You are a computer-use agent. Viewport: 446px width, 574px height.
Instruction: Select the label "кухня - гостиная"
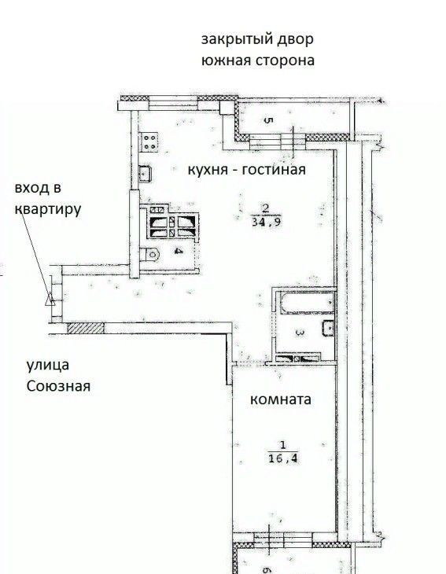point(246,170)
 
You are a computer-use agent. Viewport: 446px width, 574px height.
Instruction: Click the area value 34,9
point(267,222)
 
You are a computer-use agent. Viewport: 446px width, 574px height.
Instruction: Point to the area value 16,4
point(283,458)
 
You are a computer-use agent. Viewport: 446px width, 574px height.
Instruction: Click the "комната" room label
point(281,399)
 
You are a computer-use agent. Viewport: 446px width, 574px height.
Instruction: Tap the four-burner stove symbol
point(149,142)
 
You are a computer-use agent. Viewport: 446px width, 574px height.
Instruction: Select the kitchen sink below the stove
point(145,173)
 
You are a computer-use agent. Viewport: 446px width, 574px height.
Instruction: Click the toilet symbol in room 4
point(150,254)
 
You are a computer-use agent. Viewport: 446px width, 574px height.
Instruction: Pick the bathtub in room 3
point(308,303)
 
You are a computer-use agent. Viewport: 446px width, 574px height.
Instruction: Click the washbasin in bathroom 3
point(329,328)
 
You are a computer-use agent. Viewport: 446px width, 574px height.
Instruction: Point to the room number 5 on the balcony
point(267,120)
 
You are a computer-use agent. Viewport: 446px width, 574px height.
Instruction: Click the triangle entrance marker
point(50,302)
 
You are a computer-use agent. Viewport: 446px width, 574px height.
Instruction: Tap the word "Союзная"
point(58,386)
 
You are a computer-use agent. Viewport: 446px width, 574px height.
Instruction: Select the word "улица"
point(48,365)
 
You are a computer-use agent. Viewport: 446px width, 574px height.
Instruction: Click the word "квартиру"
point(48,209)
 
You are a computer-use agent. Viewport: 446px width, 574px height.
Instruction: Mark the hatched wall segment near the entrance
point(86,328)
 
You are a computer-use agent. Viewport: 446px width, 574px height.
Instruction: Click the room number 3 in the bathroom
point(300,333)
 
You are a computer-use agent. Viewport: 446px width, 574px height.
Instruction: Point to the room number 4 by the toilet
point(179,251)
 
